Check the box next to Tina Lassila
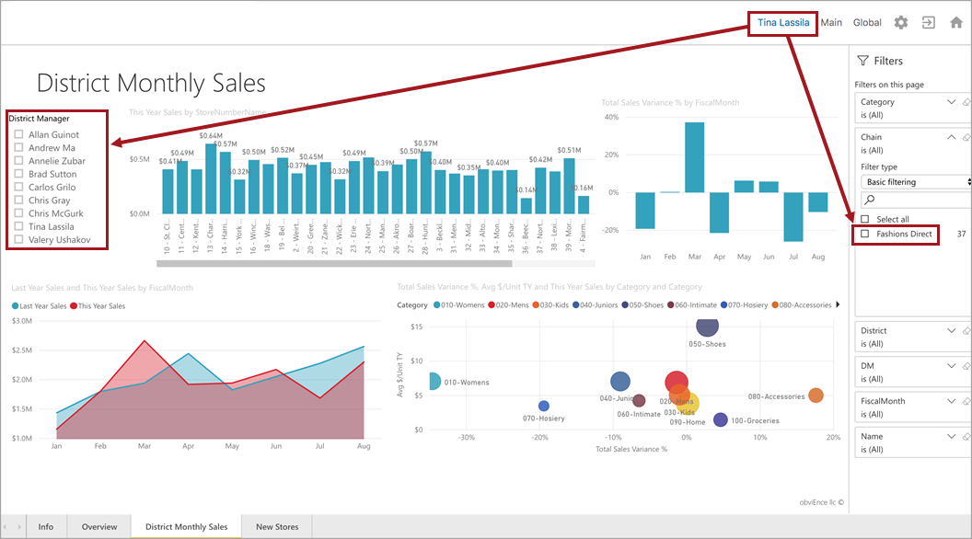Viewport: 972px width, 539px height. [18, 226]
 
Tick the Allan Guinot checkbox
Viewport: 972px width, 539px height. [18, 135]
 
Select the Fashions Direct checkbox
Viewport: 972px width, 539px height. [864, 235]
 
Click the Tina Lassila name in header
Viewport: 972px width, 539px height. [782, 23]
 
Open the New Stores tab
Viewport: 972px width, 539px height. [277, 527]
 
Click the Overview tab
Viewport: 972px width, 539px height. [99, 527]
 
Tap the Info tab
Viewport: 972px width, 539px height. [45, 527]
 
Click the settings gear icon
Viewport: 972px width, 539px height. [900, 23]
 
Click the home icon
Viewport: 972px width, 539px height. [955, 23]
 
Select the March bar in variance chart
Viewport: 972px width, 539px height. [694, 157]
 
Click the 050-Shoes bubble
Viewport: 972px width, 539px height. [707, 327]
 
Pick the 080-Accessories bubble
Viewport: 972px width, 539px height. [816, 396]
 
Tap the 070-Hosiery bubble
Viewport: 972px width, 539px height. [543, 406]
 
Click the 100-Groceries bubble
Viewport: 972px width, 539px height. [721, 420]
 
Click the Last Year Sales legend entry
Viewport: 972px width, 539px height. [41, 305]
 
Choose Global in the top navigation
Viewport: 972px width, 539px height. [867, 23]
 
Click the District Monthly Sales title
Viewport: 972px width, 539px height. [151, 84]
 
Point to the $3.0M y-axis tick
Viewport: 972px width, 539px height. [20, 321]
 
